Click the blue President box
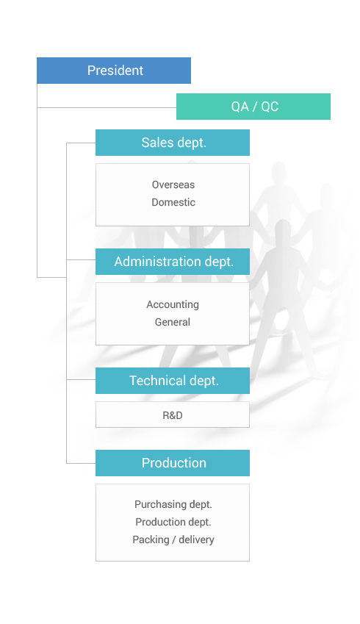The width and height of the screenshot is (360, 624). [114, 71]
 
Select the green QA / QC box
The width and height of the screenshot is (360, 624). [253, 107]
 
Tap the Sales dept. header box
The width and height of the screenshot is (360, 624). [173, 143]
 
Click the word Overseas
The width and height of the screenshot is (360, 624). [173, 184]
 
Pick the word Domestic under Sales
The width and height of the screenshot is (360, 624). [173, 202]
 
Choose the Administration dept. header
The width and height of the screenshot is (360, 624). [173, 262]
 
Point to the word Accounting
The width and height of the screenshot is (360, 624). [173, 305]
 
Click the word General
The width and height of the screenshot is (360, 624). [173, 322]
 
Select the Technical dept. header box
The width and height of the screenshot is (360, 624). [173, 381]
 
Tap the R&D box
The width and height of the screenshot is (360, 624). [173, 415]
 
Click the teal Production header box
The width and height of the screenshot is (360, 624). [173, 463]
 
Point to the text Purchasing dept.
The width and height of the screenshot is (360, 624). [173, 505]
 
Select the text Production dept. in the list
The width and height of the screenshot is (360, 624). [173, 522]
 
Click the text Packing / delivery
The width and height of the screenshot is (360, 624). [173, 539]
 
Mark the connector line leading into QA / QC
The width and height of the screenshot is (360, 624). [107, 107]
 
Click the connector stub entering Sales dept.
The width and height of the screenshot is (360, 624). [81, 143]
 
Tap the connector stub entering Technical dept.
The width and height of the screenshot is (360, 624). [81, 380]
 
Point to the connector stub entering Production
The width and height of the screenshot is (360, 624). [81, 463]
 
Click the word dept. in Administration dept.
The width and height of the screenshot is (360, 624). [219, 262]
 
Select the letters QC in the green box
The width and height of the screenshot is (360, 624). [270, 107]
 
